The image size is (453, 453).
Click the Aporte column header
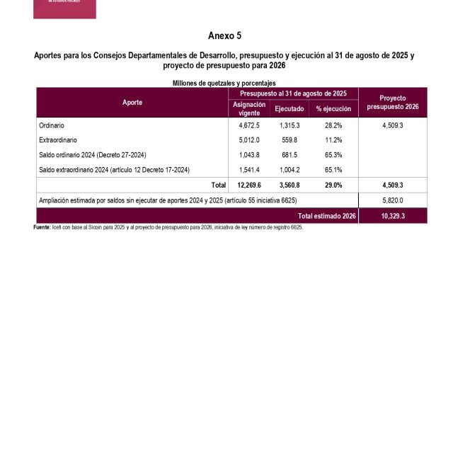[132, 103]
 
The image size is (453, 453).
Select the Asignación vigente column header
[249, 108]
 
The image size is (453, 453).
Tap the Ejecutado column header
[289, 109]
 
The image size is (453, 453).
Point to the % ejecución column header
[333, 109]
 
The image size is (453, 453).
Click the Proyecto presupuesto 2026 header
[393, 103]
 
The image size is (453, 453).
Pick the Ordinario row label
[52, 125]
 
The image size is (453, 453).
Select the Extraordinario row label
[58, 140]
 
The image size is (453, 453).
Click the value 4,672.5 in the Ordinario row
[249, 125]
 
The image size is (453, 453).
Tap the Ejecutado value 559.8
[289, 140]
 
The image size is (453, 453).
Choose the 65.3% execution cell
[333, 155]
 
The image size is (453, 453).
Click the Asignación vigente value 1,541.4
[249, 170]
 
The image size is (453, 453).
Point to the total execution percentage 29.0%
[333, 185]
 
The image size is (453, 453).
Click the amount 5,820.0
[393, 200]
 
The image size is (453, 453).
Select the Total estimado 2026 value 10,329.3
[393, 216]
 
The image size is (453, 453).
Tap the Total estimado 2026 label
[326, 216]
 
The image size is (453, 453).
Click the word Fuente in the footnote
[42, 228]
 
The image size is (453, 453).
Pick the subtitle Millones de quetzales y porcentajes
[224, 84]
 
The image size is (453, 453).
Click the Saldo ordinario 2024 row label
[93, 155]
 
